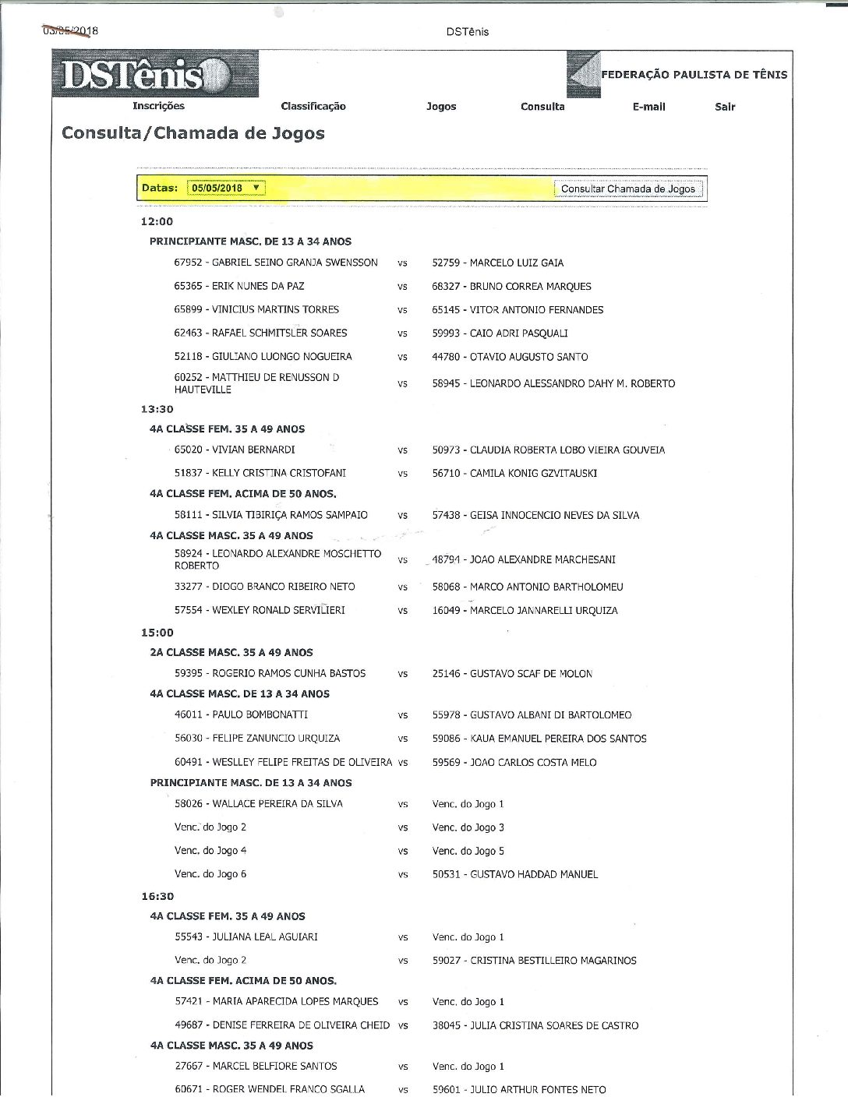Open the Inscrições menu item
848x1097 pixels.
pos(158,106)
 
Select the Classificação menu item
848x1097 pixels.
pos(313,107)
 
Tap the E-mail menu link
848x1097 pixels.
pos(648,107)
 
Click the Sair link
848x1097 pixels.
pos(725,107)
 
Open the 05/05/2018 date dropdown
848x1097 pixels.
pos(226,188)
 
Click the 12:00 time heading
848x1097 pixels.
pos(157,222)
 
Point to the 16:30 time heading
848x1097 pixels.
pos(157,897)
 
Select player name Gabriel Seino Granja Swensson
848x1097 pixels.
pos(276,263)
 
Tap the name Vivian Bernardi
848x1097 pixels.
pos(235,450)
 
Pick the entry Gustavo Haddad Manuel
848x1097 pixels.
pos(514,875)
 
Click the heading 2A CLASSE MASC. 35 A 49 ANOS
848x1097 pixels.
pos(231,653)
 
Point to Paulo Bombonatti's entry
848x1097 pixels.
pos(241,714)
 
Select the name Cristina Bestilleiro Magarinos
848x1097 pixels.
pos(534,961)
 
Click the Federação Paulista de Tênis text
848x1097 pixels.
pos(694,75)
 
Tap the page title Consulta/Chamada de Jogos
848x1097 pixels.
pos(193,133)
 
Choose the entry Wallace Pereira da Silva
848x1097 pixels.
pos(258,804)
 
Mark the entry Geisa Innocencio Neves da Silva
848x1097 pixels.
pos(535,515)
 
